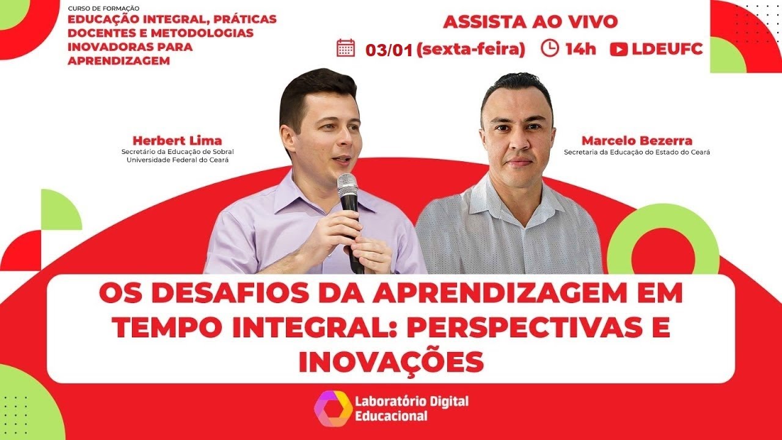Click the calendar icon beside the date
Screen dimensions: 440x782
pos(346,48)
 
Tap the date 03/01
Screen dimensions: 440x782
pos(389,50)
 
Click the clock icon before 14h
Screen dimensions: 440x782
pos(550,48)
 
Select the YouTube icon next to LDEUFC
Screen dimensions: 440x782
pos(619,50)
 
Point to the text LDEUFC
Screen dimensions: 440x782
pos(668,50)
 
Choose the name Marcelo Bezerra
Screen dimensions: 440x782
pos(637,141)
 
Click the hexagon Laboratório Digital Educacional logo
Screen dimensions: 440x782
pos(333,408)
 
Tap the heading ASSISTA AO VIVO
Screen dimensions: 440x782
pos(530,22)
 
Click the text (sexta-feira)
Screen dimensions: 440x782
pos(470,50)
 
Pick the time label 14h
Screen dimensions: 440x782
pos(580,50)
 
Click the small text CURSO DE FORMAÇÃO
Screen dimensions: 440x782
pos(104,9)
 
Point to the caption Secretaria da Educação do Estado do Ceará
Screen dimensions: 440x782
pos(637,152)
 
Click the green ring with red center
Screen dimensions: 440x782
pos(663,248)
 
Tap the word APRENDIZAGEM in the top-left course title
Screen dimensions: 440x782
pos(119,61)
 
